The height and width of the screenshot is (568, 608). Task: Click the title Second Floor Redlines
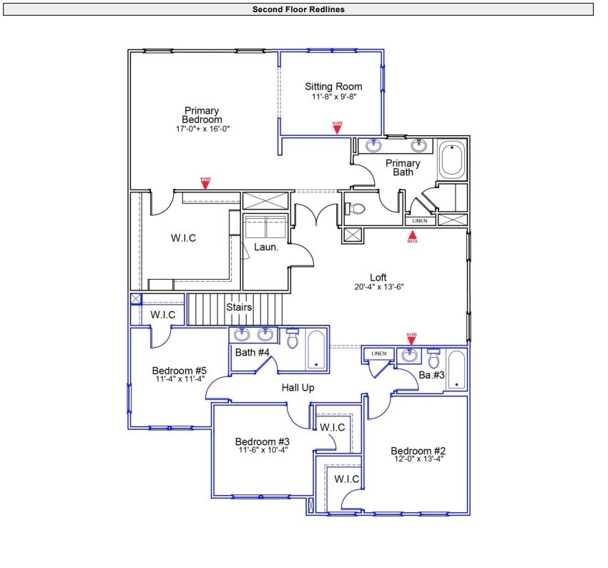click(x=298, y=9)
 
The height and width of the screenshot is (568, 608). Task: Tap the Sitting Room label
click(x=333, y=87)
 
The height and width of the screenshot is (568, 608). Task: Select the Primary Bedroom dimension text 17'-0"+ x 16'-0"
click(x=202, y=129)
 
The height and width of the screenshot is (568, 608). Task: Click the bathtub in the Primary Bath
click(x=451, y=161)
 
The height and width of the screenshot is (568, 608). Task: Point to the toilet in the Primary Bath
click(x=356, y=208)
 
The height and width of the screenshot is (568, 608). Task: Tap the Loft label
click(x=378, y=278)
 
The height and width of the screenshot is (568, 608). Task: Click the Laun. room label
click(x=265, y=248)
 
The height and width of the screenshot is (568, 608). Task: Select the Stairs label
click(x=239, y=308)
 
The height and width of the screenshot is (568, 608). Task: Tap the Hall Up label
click(x=298, y=387)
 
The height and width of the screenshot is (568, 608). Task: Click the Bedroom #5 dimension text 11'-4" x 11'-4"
click(x=180, y=379)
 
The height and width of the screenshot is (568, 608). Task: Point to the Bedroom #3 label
click(x=262, y=441)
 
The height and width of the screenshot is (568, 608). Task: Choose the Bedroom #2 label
click(x=418, y=451)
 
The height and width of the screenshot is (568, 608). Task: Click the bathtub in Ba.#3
click(x=456, y=371)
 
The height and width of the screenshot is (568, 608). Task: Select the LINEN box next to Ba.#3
click(x=379, y=353)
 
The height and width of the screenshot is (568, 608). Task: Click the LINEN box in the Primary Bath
click(x=420, y=221)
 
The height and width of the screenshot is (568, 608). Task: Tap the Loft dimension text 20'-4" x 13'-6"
click(x=378, y=287)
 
